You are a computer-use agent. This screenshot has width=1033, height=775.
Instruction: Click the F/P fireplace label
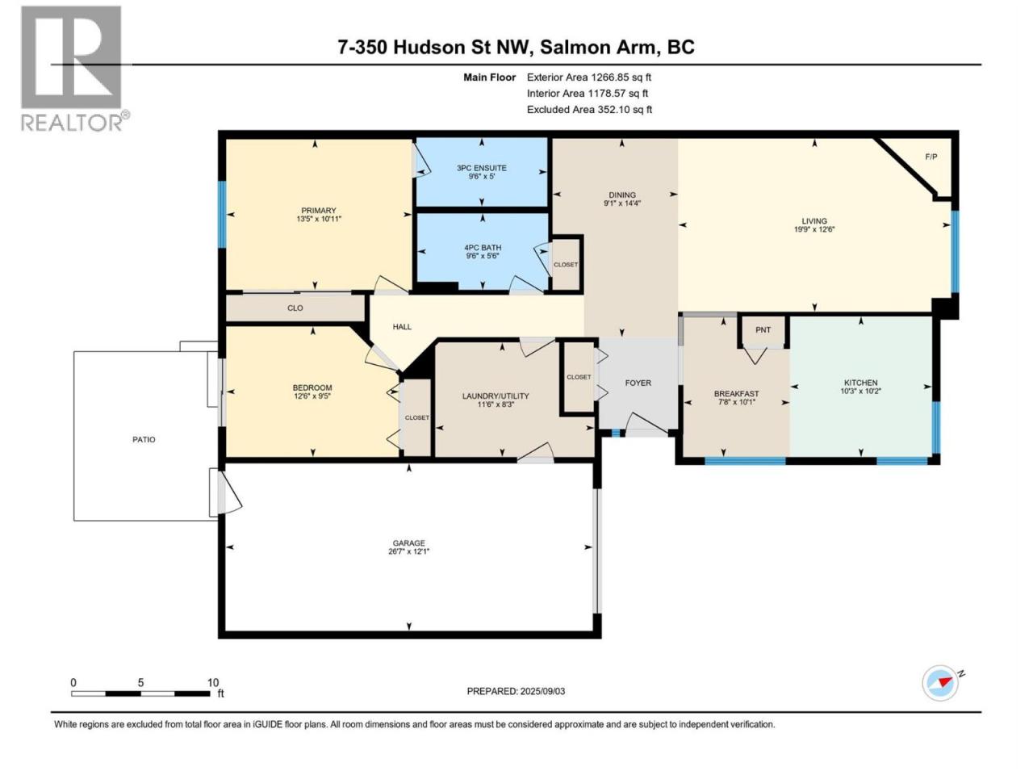931,157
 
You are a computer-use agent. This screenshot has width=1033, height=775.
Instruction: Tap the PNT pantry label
763,330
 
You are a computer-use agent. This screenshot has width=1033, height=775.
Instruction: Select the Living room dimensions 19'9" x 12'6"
813,229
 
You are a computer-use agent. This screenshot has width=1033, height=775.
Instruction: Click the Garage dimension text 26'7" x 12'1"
408,551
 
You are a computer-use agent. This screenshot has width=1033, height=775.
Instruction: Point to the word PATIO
144,439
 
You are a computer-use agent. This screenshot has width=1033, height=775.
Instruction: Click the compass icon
940,682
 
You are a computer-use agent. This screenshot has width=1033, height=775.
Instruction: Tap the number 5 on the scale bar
140,682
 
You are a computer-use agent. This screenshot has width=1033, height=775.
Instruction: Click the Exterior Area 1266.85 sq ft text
589,77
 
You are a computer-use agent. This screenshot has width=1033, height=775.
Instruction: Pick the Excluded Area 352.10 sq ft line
589,110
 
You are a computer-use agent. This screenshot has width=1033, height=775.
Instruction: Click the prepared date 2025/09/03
542,691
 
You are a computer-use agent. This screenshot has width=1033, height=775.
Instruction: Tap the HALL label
401,327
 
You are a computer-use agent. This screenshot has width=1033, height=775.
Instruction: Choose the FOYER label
638,383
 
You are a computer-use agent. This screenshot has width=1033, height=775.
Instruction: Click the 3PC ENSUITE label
482,168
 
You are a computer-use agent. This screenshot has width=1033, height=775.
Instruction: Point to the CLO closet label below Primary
295,308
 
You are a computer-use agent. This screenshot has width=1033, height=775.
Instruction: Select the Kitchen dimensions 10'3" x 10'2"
860,391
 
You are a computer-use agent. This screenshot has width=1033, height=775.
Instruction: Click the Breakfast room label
736,393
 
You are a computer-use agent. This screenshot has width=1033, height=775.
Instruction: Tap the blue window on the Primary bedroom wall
222,214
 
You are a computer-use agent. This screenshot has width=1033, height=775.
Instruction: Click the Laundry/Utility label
495,396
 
